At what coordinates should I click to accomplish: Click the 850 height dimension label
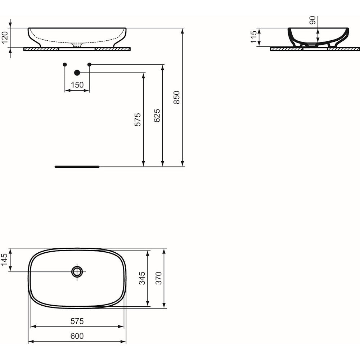176,97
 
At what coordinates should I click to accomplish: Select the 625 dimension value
157,116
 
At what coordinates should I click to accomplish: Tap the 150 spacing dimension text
77,85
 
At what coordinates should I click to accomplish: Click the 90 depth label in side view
313,20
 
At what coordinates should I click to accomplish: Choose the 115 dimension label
254,37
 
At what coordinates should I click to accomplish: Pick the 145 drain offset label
5,260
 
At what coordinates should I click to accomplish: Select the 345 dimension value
142,278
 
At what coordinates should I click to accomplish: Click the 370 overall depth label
159,278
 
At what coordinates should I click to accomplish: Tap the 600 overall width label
77,336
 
